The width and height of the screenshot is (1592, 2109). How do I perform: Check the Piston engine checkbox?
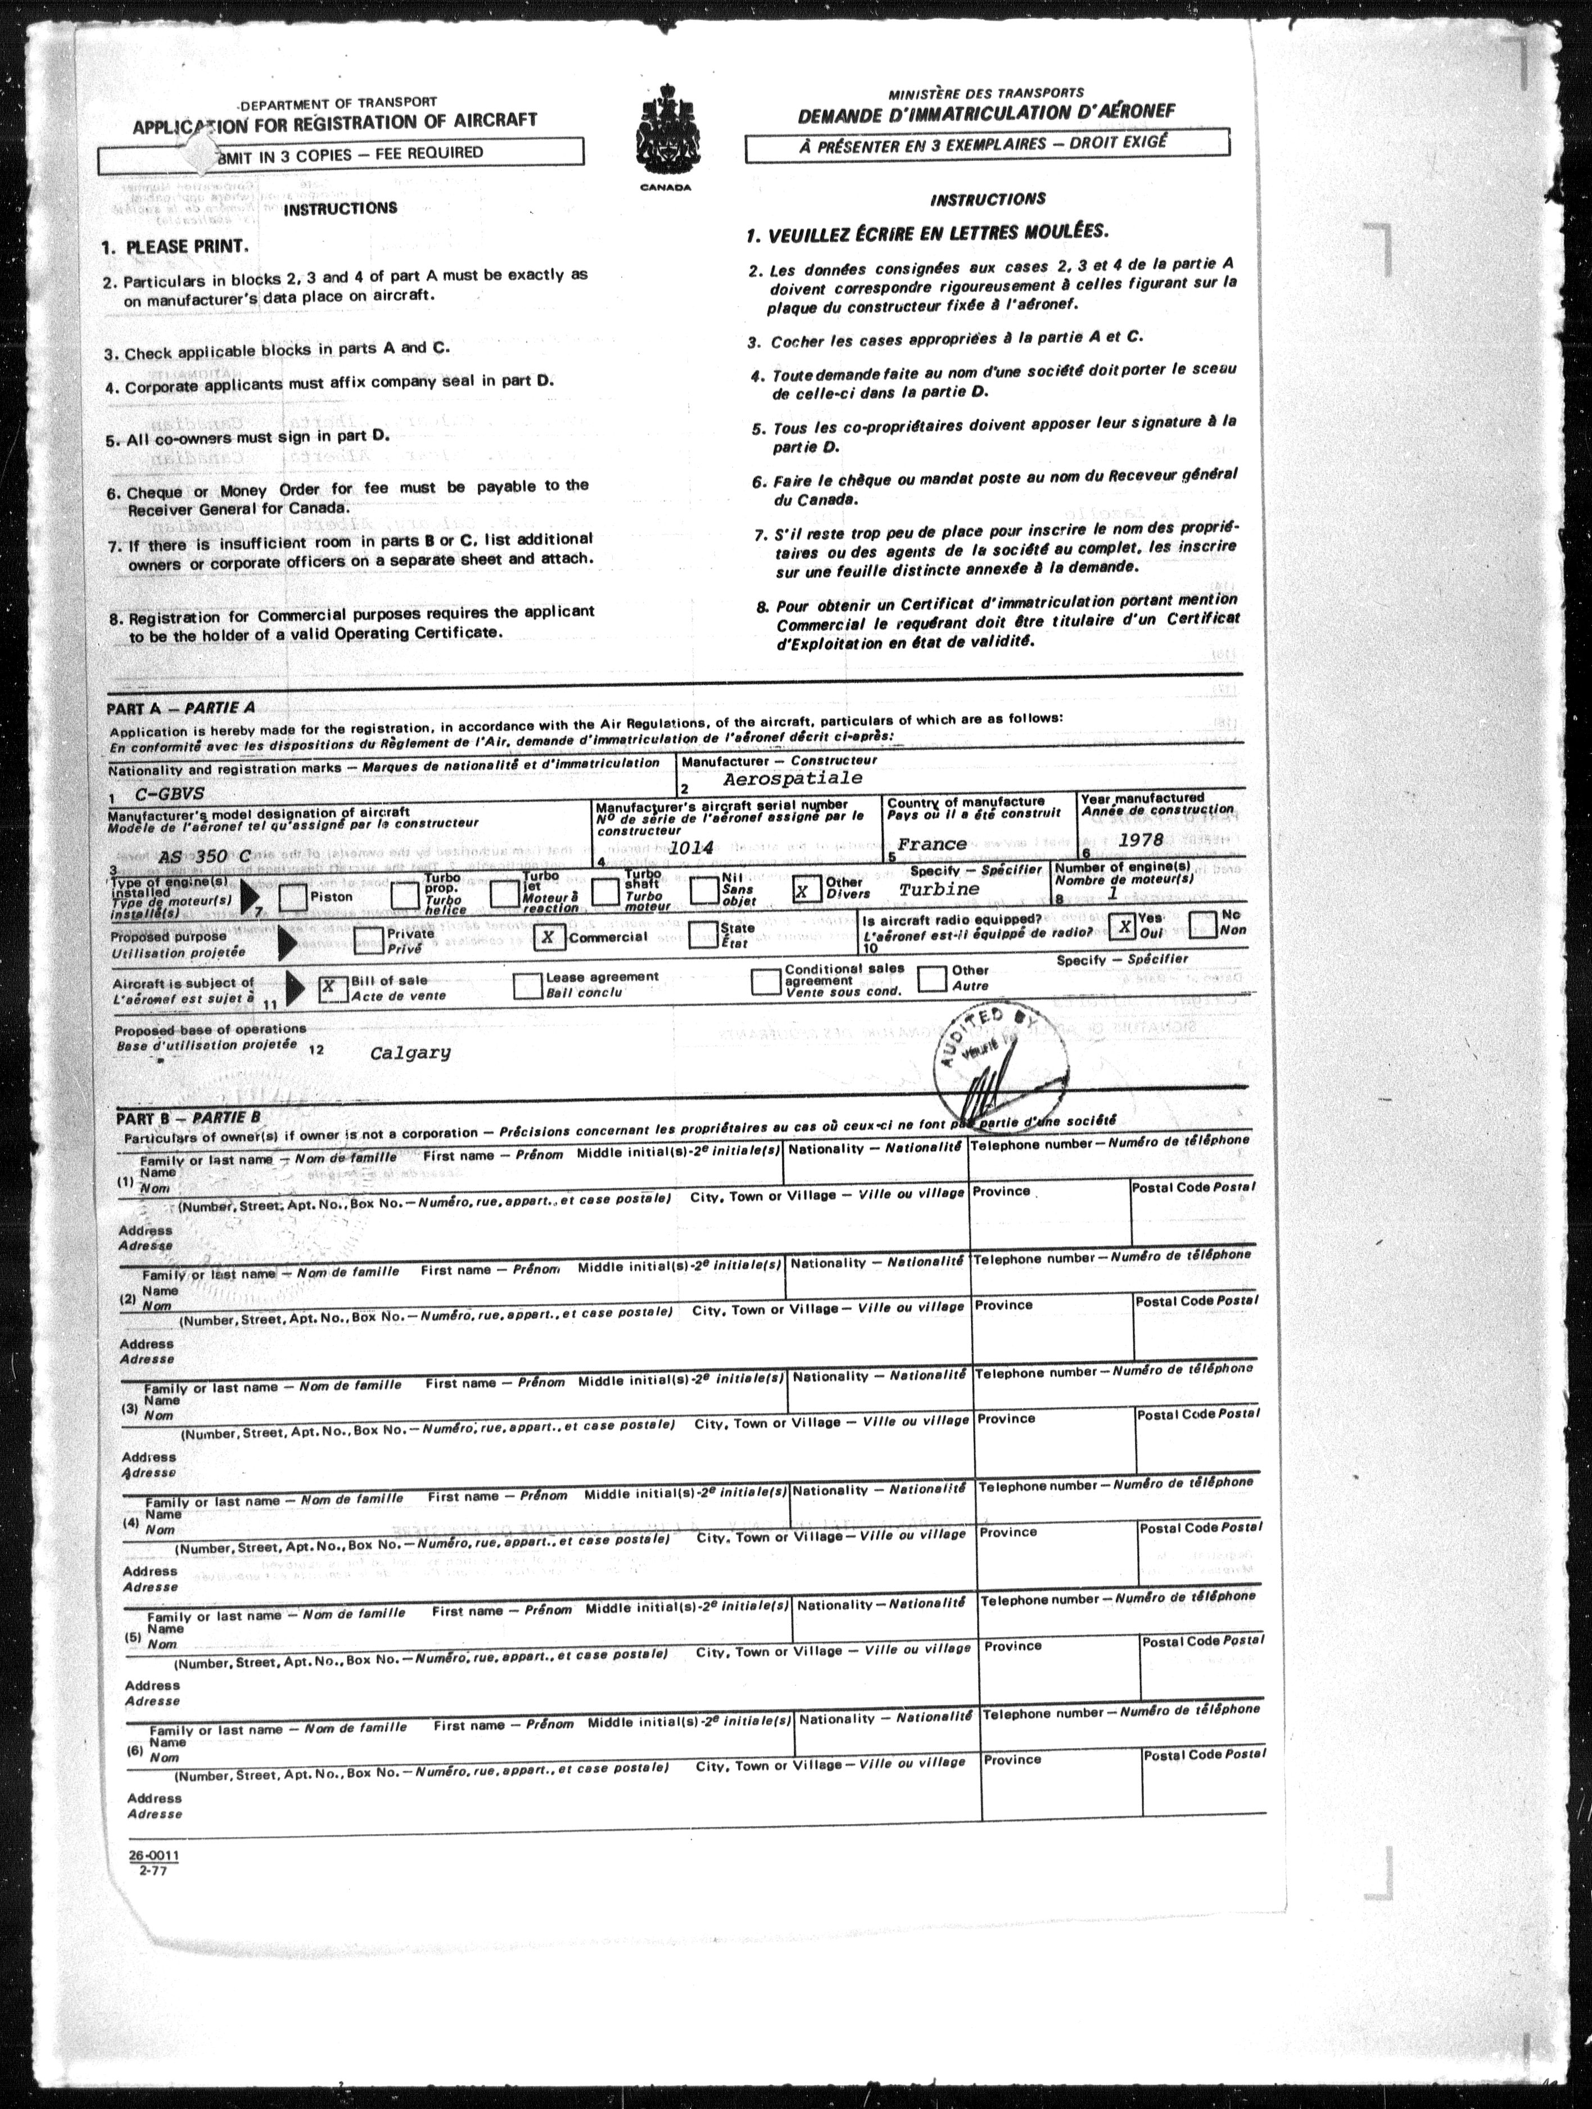pyautogui.click(x=293, y=897)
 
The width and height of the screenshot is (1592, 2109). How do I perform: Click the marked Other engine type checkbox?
pyautogui.click(x=807, y=890)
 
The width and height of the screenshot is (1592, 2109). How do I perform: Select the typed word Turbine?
pyautogui.click(x=938, y=889)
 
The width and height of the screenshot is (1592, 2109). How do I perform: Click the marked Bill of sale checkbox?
pyautogui.click(x=332, y=987)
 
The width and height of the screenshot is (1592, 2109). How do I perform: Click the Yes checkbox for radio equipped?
pyautogui.click(x=1124, y=925)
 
